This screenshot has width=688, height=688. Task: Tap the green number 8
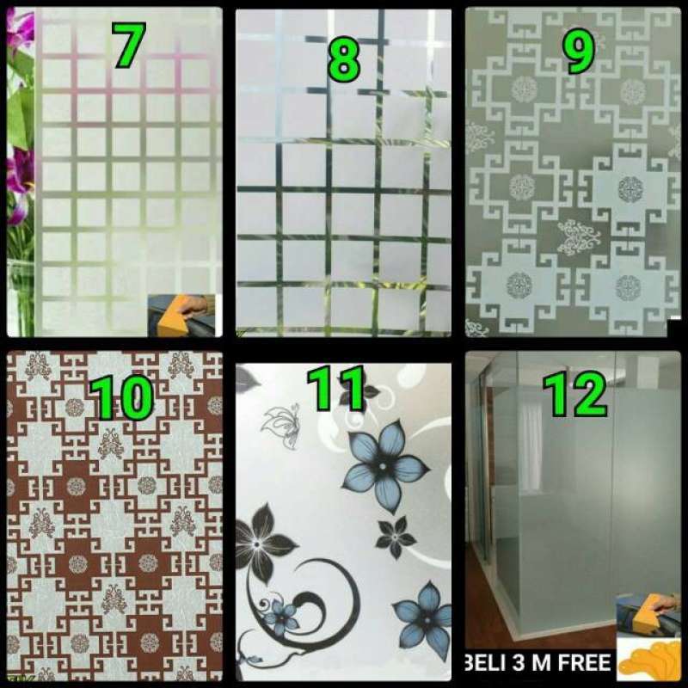coord(343,58)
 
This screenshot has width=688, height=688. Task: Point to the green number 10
coord(122,397)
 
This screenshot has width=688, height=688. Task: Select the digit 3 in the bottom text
coord(527,662)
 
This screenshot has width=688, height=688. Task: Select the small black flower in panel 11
coord(395,536)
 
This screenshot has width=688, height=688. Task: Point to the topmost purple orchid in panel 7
coord(21,30)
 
